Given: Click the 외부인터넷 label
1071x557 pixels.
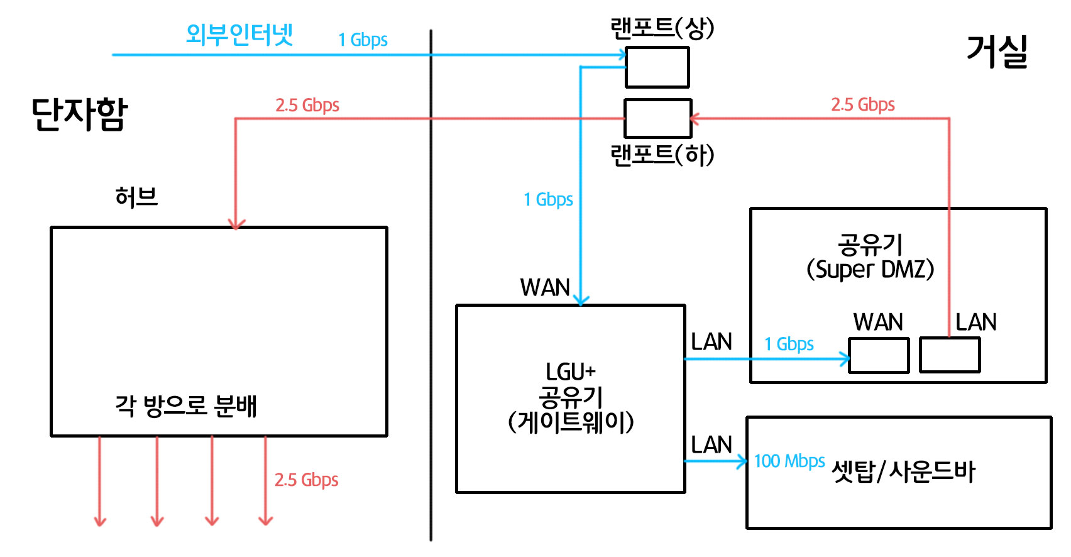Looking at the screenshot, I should [x=239, y=35].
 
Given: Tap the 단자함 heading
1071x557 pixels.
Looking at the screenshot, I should [x=79, y=114].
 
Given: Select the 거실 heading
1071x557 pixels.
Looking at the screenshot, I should [x=997, y=52].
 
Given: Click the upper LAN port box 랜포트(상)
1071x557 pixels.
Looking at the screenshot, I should [x=657, y=67].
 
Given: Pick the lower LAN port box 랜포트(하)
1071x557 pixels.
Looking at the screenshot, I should [x=657, y=118].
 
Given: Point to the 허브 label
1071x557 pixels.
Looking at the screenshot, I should [x=136, y=197].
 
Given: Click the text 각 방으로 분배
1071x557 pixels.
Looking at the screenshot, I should [x=186, y=406].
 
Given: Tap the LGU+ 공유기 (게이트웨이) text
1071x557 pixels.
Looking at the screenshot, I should [x=571, y=397].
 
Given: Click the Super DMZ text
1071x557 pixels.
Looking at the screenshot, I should [x=871, y=270].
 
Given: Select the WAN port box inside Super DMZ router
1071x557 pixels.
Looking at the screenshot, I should [x=879, y=355].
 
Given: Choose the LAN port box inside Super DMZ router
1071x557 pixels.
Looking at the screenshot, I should [x=949, y=355].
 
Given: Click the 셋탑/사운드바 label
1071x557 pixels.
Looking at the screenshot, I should [x=903, y=472].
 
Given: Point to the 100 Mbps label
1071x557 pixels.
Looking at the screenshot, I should [x=789, y=461].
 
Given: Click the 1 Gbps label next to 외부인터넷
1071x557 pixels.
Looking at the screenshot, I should [x=363, y=40].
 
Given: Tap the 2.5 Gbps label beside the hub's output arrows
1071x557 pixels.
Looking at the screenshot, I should [x=306, y=480].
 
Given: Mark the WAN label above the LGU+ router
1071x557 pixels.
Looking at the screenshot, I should [x=545, y=288].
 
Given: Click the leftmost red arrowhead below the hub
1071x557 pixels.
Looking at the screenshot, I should [x=100, y=521].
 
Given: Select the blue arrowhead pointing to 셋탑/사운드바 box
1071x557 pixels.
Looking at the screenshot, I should [x=742, y=461].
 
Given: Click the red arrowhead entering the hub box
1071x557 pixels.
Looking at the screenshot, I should [x=236, y=223].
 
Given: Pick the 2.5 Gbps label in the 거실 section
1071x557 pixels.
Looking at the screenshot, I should [x=863, y=105].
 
